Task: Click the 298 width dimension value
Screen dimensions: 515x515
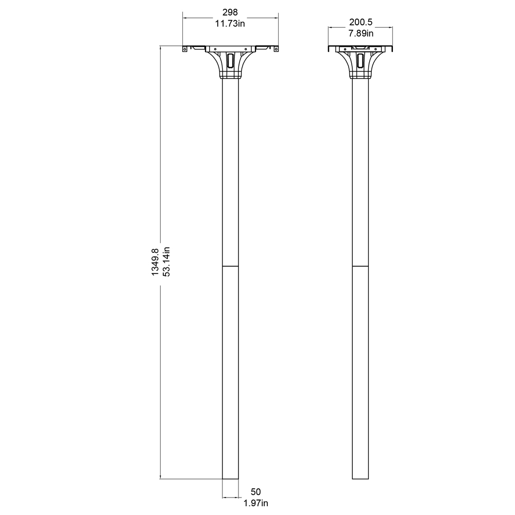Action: [x=230, y=12]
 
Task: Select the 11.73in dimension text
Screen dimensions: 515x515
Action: [x=230, y=23]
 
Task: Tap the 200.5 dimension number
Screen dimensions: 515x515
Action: [x=360, y=22]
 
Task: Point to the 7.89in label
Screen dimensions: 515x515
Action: [x=360, y=33]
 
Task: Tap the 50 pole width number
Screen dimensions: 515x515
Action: [x=256, y=492]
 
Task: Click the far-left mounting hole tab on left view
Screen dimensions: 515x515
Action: [x=185, y=49]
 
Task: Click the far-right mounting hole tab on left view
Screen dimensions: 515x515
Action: [x=276, y=49]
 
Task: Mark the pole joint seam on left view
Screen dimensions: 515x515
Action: [x=230, y=266]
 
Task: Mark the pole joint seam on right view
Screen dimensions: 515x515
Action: [x=360, y=266]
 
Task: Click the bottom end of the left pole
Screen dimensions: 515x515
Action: [x=230, y=479]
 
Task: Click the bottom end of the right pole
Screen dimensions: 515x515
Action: [x=360, y=479]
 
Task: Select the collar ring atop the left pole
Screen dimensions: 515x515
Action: [x=230, y=76]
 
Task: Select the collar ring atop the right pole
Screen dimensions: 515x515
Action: [x=360, y=76]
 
